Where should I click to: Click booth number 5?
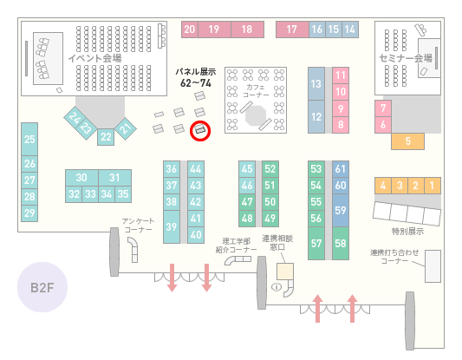pos(407,141)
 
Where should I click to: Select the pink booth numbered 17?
pos(292,29)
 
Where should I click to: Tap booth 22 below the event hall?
pos(106,137)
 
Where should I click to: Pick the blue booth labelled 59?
pos(341,210)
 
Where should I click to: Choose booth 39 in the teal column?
pos(172,226)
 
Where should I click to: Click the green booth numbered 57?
pos(316,243)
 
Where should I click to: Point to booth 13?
pos(316,84)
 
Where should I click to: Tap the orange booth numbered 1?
pos(433,186)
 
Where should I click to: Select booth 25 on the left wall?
pos(29,139)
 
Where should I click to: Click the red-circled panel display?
pos(200,130)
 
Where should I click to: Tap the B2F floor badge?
pos(42,287)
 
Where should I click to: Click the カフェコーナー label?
pos(256,91)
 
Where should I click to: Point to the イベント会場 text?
pos(94,58)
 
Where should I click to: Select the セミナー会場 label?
pos(406,58)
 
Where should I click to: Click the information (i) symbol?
pos(277,286)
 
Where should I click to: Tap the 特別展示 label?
pos(407,231)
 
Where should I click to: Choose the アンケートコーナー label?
pos(138,226)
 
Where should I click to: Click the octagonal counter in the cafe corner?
pos(256,115)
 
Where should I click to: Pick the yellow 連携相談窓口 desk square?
pos(285,272)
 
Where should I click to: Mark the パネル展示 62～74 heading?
pos(196,77)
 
